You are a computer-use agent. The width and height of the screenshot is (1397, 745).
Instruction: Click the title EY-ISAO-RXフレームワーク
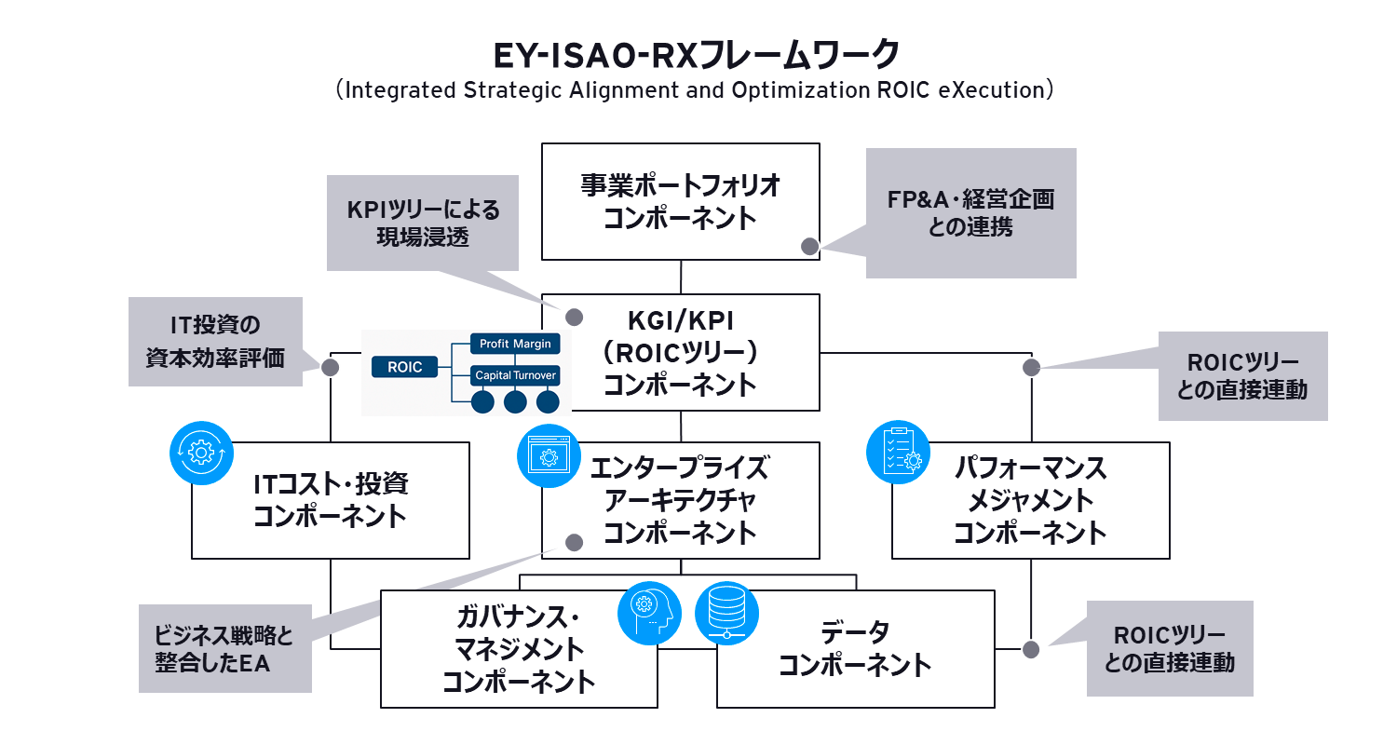(x=697, y=55)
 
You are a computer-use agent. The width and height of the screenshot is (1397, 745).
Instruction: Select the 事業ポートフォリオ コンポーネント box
(x=680, y=201)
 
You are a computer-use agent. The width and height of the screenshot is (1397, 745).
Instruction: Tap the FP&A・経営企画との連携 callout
(x=970, y=212)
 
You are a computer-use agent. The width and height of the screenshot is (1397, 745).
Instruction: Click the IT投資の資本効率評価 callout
(x=214, y=341)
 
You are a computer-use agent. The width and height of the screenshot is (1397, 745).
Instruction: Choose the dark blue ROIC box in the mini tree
(x=404, y=367)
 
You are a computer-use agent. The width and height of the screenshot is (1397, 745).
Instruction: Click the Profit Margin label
(x=515, y=344)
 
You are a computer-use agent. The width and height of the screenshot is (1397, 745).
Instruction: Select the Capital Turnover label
(x=515, y=375)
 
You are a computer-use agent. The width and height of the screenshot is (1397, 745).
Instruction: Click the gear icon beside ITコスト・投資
(x=200, y=454)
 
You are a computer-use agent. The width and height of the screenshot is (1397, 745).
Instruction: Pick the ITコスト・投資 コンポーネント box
(x=331, y=500)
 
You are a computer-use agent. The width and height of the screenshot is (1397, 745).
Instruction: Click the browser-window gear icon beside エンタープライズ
(x=548, y=456)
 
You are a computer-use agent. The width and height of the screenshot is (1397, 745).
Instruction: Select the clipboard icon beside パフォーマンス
(x=898, y=452)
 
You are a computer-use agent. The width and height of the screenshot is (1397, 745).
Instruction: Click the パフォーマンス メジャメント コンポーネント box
(x=1030, y=500)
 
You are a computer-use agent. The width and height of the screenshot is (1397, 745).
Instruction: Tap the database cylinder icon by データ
(x=726, y=614)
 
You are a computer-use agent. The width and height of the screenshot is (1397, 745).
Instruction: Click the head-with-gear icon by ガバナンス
(x=650, y=614)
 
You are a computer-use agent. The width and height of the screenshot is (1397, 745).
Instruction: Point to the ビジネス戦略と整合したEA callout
(x=224, y=649)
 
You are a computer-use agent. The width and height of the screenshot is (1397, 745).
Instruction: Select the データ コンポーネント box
(x=855, y=649)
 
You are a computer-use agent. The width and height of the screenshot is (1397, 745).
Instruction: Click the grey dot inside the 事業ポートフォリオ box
(x=810, y=246)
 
